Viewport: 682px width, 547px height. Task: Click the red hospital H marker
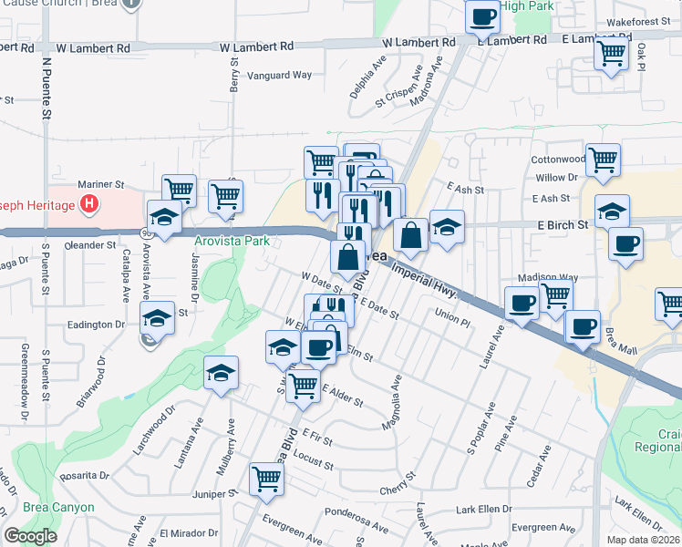tap(88, 203)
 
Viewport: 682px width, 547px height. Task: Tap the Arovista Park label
tap(232, 242)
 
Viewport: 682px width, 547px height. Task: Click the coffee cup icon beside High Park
tap(483, 15)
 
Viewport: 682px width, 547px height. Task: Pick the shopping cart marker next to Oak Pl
tap(611, 51)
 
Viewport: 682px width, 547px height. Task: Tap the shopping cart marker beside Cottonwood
tap(603, 160)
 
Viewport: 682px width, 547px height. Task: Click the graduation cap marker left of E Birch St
tap(611, 212)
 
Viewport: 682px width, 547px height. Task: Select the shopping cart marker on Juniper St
tap(266, 478)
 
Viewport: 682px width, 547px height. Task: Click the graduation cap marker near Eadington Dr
tap(158, 318)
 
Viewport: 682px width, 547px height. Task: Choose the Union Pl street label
tap(452, 321)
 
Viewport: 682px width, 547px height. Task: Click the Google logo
tap(30, 536)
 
